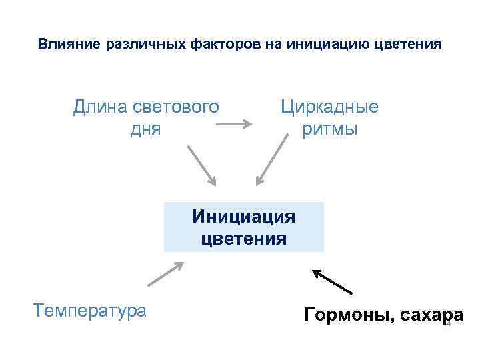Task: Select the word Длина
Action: (96, 107)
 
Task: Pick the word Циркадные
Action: (329, 107)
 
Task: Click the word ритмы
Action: (330, 129)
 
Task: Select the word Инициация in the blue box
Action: (243, 217)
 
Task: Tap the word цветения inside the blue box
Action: (244, 238)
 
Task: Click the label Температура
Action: (89, 310)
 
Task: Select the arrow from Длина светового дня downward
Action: (201, 164)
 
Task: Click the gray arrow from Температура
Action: (165, 273)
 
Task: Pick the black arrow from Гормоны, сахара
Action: (332, 281)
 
